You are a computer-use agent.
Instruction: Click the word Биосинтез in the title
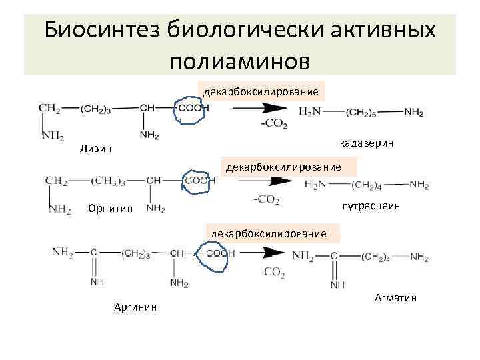(103, 30)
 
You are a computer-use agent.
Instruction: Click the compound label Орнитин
(110, 209)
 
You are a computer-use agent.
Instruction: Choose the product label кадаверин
(366, 143)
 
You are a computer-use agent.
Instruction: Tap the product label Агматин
(395, 298)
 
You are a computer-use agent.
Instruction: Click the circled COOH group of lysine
(192, 109)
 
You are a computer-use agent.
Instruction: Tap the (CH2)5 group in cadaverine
(364, 113)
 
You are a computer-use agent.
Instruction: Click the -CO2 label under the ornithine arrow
(266, 199)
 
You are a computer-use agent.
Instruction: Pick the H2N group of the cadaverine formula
(310, 113)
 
